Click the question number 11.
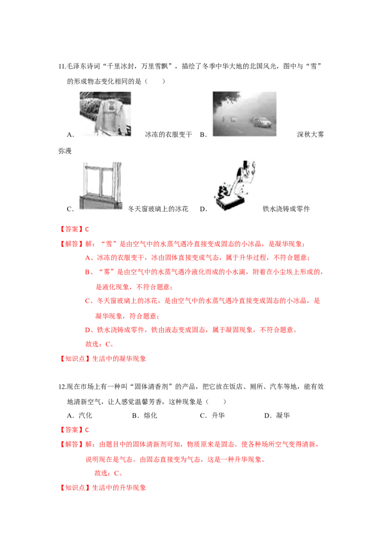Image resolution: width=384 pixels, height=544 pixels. click(62, 66)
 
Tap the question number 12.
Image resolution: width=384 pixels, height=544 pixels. click(62, 387)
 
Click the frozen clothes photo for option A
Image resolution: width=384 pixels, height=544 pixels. click(105, 114)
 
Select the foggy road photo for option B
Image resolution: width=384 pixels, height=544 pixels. click(244, 114)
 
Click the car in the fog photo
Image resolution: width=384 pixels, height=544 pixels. click(263, 122)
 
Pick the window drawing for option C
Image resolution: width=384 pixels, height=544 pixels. click(101, 185)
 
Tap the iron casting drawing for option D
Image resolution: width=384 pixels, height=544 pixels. click(235, 185)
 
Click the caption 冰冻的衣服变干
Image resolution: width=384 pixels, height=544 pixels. click(168, 135)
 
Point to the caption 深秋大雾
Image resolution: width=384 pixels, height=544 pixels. click(311, 135)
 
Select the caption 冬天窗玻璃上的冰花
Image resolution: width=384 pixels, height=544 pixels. click(158, 209)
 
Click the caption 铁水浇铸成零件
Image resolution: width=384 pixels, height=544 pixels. click(286, 209)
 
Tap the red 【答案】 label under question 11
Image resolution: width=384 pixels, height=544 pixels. click(72, 229)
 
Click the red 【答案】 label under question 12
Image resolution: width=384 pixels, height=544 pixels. click(72, 430)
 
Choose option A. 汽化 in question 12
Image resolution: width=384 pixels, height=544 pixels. click(79, 416)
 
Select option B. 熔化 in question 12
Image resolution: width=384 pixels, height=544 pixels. click(144, 416)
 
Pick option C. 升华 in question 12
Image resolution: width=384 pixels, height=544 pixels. click(212, 416)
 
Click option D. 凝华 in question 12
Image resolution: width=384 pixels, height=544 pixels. click(277, 416)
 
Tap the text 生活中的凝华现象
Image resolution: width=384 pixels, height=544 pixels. click(119, 359)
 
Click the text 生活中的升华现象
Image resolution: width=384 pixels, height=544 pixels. click(119, 488)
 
